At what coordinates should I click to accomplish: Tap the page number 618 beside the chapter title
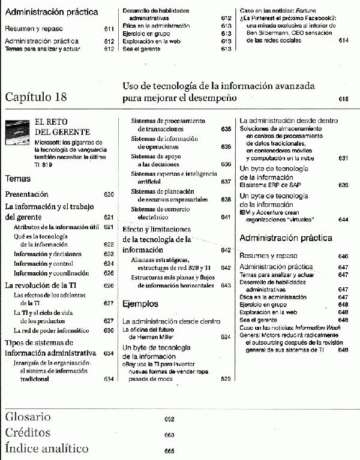tap(344, 98)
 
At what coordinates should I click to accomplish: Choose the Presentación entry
tap(26, 194)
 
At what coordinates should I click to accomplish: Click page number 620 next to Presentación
tap(109, 195)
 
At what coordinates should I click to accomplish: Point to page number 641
tap(226, 217)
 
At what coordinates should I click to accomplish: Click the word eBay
tap(129, 363)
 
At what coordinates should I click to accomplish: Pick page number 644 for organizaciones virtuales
tap(343, 220)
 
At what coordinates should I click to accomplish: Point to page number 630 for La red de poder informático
tap(109, 330)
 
